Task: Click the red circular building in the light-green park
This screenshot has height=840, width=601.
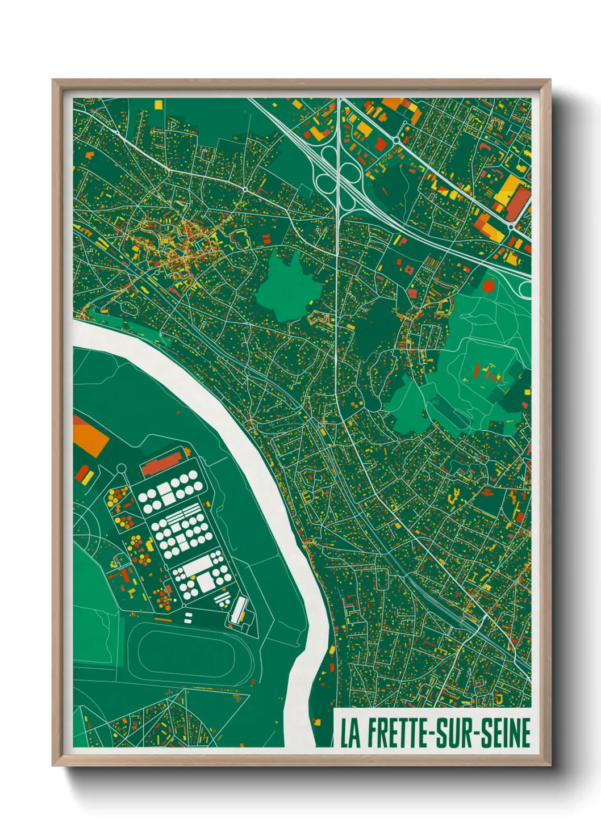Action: (x=487, y=286)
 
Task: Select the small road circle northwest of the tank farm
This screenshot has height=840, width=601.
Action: (x=120, y=468)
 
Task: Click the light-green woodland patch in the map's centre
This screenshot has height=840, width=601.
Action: (x=287, y=287)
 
